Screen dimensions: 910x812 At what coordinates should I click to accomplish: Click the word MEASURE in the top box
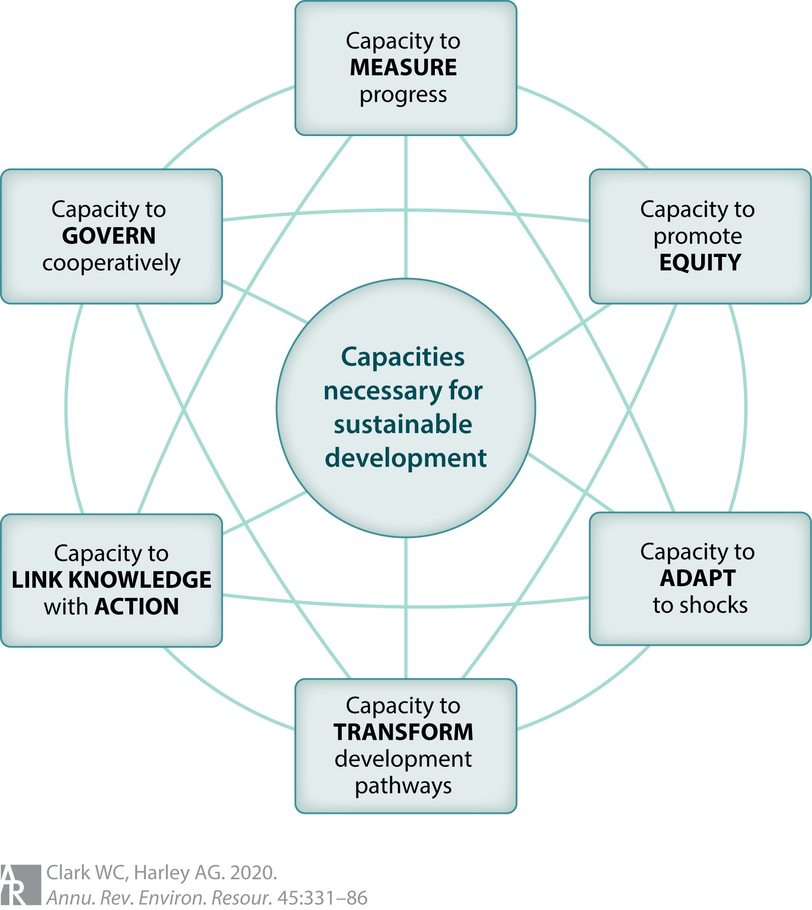click(x=403, y=68)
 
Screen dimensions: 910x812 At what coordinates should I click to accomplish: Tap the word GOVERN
click(x=109, y=236)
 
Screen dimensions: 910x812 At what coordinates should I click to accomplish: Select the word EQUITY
click(x=700, y=263)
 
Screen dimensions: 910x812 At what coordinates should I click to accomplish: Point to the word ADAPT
click(x=698, y=578)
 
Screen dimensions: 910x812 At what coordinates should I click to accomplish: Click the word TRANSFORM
click(x=403, y=732)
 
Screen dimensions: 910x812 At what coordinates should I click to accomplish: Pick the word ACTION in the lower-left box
click(x=137, y=607)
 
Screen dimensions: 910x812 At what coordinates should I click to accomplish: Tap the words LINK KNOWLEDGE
click(x=111, y=580)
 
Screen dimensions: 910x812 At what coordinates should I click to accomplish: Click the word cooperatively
click(x=111, y=263)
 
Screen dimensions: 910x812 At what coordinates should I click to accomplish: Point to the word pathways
click(x=403, y=786)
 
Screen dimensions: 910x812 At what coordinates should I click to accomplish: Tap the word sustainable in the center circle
click(x=403, y=424)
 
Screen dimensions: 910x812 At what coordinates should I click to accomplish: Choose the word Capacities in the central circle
click(x=403, y=357)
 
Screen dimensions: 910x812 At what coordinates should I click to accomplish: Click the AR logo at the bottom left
click(x=20, y=885)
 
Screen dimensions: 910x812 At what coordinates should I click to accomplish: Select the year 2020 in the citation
click(x=253, y=873)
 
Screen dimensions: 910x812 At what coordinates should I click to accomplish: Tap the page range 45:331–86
click(x=322, y=897)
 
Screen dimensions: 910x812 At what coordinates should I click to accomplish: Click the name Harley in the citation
click(x=162, y=873)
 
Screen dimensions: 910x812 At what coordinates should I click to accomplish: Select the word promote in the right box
click(x=698, y=236)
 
